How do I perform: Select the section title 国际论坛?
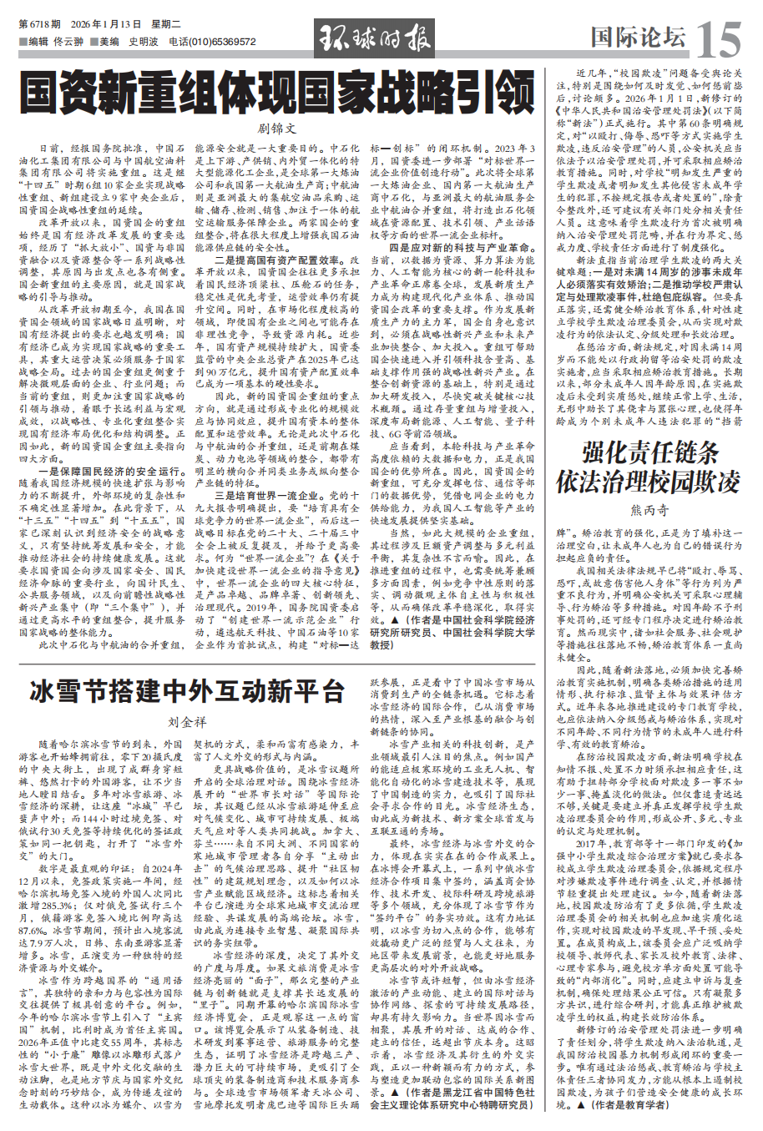(x=638, y=37)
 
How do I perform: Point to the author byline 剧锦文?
(x=276, y=129)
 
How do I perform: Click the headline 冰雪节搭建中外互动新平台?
(x=187, y=692)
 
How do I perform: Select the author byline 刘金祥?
(x=187, y=722)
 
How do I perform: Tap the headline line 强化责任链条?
(x=649, y=453)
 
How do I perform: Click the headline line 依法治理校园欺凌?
(x=649, y=482)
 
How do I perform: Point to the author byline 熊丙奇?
(x=649, y=510)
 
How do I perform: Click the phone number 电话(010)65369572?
(x=212, y=41)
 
